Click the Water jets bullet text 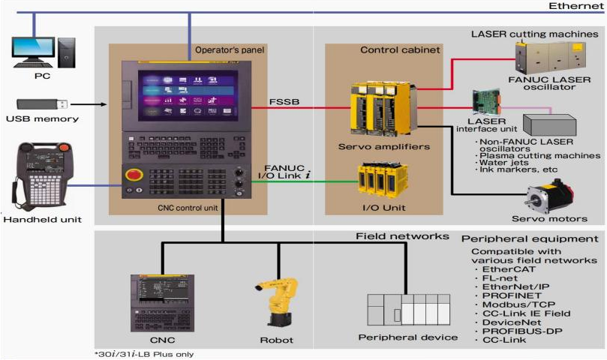tap(504, 162)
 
